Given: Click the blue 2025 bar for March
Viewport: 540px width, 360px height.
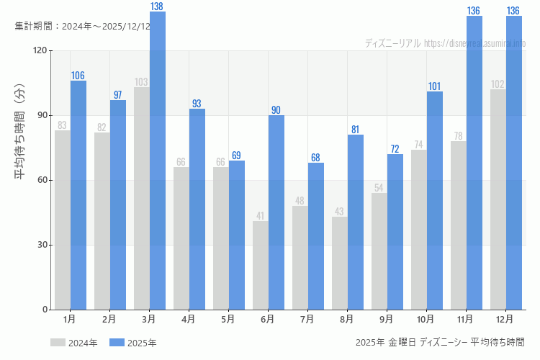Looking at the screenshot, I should (158, 161).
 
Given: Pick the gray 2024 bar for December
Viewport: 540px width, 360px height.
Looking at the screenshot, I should (498, 199).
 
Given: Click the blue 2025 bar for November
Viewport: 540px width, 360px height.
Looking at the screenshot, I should (474, 163).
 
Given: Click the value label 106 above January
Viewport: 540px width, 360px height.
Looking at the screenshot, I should (78, 76).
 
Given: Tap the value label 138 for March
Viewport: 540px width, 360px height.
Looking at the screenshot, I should (158, 6).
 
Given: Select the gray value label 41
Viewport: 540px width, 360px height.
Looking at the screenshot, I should (261, 216).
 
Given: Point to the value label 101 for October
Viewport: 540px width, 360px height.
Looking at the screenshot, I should (435, 86).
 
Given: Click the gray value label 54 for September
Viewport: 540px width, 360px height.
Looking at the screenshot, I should (379, 188).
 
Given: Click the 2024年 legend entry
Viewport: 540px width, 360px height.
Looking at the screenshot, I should (74, 343).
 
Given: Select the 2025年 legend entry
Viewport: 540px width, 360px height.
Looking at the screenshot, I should (133, 343).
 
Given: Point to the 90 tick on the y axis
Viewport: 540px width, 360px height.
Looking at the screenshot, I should (42, 115).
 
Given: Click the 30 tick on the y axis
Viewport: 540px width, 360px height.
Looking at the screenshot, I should (42, 245).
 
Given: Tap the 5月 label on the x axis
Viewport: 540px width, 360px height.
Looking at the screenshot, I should (228, 319).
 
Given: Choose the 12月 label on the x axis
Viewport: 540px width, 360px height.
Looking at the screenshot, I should (505, 319).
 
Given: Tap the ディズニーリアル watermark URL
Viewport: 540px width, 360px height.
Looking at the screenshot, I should (445, 43).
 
